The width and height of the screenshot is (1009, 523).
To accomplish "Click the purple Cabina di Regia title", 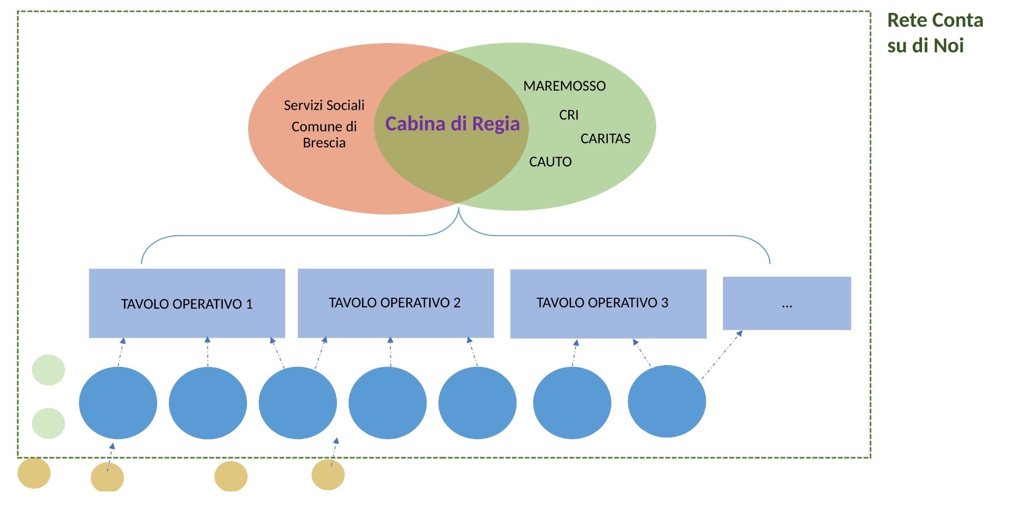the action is click(x=452, y=124).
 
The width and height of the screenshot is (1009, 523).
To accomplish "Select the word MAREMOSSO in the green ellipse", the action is click(x=564, y=86).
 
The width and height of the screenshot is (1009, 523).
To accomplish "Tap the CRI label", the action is click(x=569, y=115).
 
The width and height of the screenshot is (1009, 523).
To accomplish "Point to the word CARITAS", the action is click(x=605, y=139).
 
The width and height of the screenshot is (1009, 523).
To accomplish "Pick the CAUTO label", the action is click(x=550, y=162).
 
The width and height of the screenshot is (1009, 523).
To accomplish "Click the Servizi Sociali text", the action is click(x=324, y=105).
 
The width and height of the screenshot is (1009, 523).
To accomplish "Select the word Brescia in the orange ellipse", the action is click(x=324, y=143).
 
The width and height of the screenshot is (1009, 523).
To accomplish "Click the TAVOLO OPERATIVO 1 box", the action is click(x=187, y=303).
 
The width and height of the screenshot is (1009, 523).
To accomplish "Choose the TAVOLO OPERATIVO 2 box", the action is click(x=395, y=303).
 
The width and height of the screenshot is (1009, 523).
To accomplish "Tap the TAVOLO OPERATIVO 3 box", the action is click(x=608, y=304).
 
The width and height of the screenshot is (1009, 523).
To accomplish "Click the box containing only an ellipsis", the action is click(x=787, y=303).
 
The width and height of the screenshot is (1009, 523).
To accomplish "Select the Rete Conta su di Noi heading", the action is click(x=935, y=33).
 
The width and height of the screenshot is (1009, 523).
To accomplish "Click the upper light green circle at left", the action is click(x=49, y=370).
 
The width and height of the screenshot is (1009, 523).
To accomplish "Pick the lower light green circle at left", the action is click(x=49, y=423).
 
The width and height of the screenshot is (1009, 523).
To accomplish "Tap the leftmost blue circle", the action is click(x=118, y=403).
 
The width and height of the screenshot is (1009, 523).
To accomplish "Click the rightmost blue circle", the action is click(x=667, y=401).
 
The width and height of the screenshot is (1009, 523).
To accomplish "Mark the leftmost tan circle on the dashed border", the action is click(x=34, y=473).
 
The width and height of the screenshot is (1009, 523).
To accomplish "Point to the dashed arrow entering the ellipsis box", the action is click(x=722, y=355).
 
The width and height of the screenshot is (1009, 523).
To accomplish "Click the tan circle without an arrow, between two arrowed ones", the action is click(x=231, y=476).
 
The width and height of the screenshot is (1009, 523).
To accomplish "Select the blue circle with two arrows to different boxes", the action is click(x=298, y=403).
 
